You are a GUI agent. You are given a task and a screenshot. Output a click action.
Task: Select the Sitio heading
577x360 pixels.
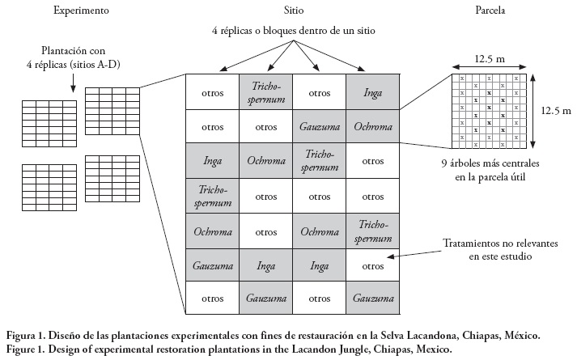(295, 12)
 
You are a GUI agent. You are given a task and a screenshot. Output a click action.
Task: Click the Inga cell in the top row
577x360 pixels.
(372, 90)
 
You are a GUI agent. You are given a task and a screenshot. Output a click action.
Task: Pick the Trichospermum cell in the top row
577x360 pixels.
(265, 90)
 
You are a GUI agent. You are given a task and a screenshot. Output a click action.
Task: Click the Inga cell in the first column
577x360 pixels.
(212, 161)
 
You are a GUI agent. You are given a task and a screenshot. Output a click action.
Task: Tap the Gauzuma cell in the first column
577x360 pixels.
(212, 265)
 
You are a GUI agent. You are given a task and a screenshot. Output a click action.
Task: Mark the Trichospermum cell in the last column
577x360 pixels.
(372, 230)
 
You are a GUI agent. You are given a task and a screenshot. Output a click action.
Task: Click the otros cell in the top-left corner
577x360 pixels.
(212, 90)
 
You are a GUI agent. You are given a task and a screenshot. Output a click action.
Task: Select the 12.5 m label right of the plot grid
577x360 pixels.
(554, 108)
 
